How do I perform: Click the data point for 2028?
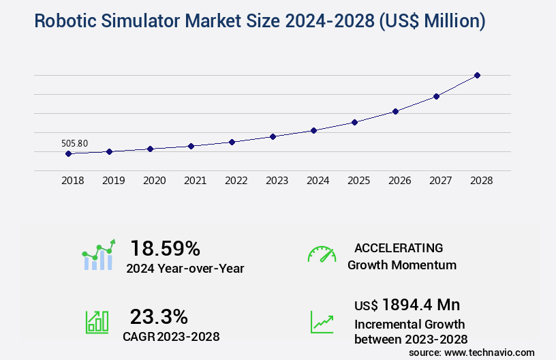477,75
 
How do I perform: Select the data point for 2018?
68,153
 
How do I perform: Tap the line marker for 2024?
313,130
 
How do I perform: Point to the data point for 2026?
395,111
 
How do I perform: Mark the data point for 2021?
191,146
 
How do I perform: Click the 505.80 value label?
74,143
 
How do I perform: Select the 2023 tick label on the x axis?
277,181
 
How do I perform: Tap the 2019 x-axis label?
113,181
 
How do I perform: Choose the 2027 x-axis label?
440,181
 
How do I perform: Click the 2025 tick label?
358,181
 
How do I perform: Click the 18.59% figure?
165,247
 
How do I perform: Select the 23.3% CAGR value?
159,316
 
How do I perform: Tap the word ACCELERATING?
399,247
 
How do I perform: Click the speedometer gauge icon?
322,254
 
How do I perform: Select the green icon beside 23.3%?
97,322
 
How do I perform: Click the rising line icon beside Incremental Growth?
322,322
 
